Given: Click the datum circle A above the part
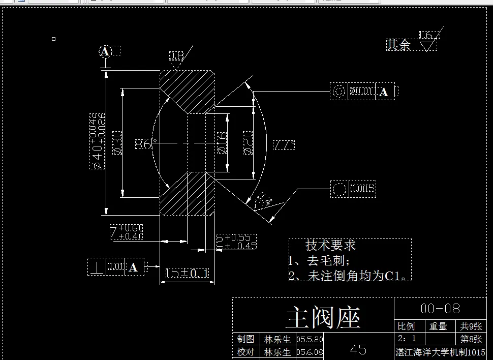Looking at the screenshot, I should click(x=105, y=51).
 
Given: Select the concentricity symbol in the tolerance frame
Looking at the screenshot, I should click(x=338, y=92).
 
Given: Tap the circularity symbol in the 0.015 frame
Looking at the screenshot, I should click(x=339, y=189).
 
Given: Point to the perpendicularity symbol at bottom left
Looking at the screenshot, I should click(x=97, y=267).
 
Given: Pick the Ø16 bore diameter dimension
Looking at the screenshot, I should click(x=222, y=143).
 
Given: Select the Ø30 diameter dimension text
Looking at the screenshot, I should click(x=116, y=143).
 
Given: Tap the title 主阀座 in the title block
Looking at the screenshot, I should click(x=323, y=318).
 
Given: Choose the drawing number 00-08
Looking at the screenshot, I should click(x=440, y=308).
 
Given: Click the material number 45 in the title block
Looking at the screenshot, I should click(x=358, y=349).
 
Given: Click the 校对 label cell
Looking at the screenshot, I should click(x=246, y=352).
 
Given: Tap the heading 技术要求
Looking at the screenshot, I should click(x=330, y=245).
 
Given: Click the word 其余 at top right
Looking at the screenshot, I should click(x=398, y=45).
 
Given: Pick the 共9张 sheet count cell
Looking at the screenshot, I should click(x=471, y=326).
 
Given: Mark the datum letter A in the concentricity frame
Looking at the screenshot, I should click(x=384, y=92).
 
